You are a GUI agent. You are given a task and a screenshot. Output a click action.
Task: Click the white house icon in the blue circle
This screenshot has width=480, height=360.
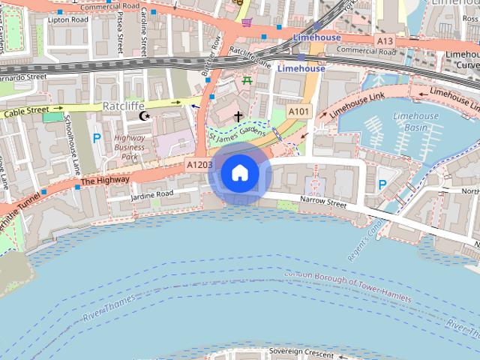click(239, 173)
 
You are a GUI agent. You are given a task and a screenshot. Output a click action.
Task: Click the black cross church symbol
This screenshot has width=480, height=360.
click(238, 116)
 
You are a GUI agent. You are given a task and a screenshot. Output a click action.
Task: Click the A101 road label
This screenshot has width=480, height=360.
click(299, 112)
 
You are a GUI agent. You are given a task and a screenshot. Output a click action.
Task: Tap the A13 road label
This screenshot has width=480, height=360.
click(385, 40)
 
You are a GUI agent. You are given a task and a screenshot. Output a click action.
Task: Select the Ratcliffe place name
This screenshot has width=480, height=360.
click(123, 106)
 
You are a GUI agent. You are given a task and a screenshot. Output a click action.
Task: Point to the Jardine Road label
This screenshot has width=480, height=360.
click(151, 193)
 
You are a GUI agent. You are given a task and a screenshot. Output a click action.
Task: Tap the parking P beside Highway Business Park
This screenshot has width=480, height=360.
click(96, 138)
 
